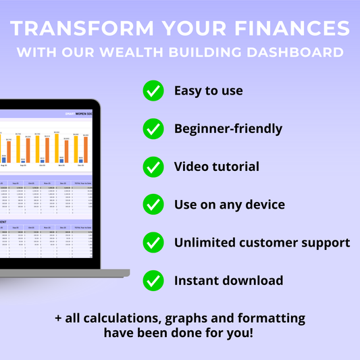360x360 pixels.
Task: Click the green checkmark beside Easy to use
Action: click(x=153, y=91)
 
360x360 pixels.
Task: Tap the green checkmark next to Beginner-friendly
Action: click(x=153, y=128)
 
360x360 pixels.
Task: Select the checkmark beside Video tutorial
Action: click(x=153, y=166)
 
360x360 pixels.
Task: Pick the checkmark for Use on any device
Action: click(x=153, y=204)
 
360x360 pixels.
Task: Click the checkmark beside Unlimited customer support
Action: click(x=153, y=242)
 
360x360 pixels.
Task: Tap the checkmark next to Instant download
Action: click(x=153, y=280)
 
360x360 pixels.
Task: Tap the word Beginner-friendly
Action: click(x=228, y=128)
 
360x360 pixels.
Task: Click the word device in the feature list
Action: click(x=262, y=204)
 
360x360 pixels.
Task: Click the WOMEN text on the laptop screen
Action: click(x=84, y=115)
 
